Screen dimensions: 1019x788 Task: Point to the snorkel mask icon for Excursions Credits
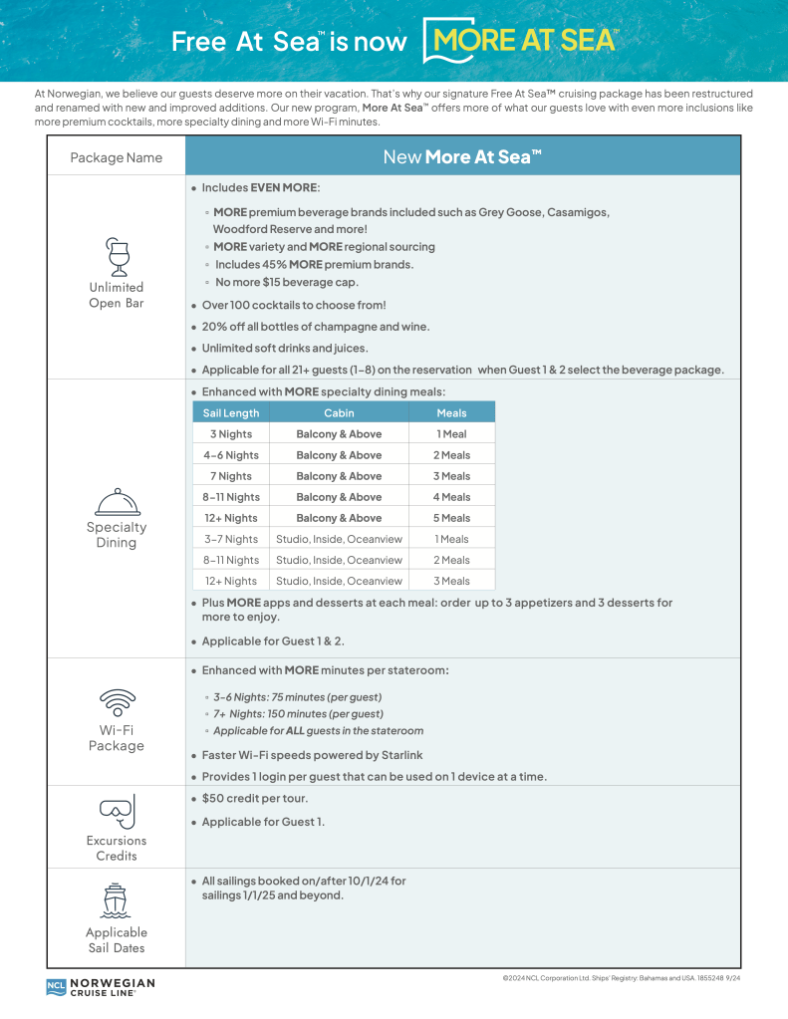(x=117, y=811)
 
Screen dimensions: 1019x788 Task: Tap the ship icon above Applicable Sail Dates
(x=116, y=899)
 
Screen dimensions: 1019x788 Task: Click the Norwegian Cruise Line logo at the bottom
(x=101, y=987)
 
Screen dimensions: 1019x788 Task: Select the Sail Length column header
(x=230, y=413)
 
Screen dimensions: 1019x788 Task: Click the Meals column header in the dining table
(x=451, y=413)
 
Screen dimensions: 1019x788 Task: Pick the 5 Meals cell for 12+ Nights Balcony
(x=451, y=518)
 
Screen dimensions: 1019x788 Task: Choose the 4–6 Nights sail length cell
(x=230, y=455)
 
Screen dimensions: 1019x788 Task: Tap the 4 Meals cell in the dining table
(x=451, y=497)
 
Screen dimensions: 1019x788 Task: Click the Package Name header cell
(x=116, y=157)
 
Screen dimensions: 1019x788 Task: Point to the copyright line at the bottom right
(x=622, y=979)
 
